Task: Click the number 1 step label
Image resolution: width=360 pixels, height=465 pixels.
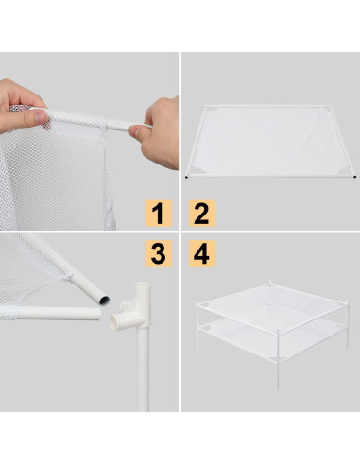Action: tap(160, 213)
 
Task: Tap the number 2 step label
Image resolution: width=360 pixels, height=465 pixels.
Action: tap(200, 213)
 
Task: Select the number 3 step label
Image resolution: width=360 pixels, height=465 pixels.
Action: tap(160, 253)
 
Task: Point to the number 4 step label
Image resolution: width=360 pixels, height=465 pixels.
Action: tap(200, 253)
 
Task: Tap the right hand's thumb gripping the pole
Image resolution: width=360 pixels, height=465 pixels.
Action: tap(142, 133)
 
